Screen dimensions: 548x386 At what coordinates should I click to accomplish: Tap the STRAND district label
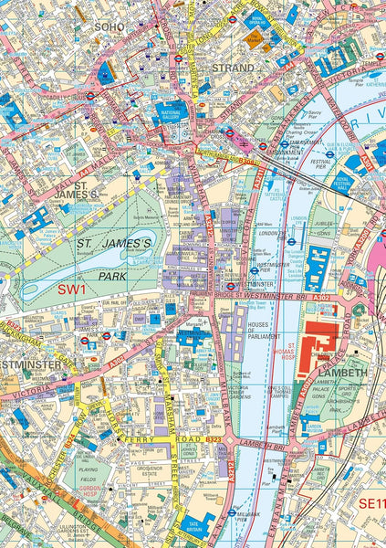point(233,67)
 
